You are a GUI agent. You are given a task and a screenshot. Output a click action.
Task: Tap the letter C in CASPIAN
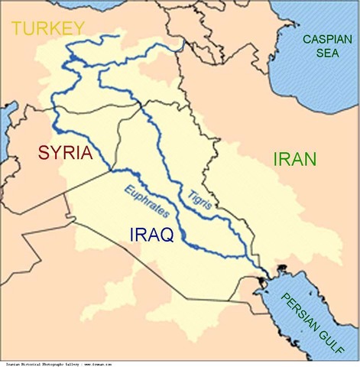coord(306,39)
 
